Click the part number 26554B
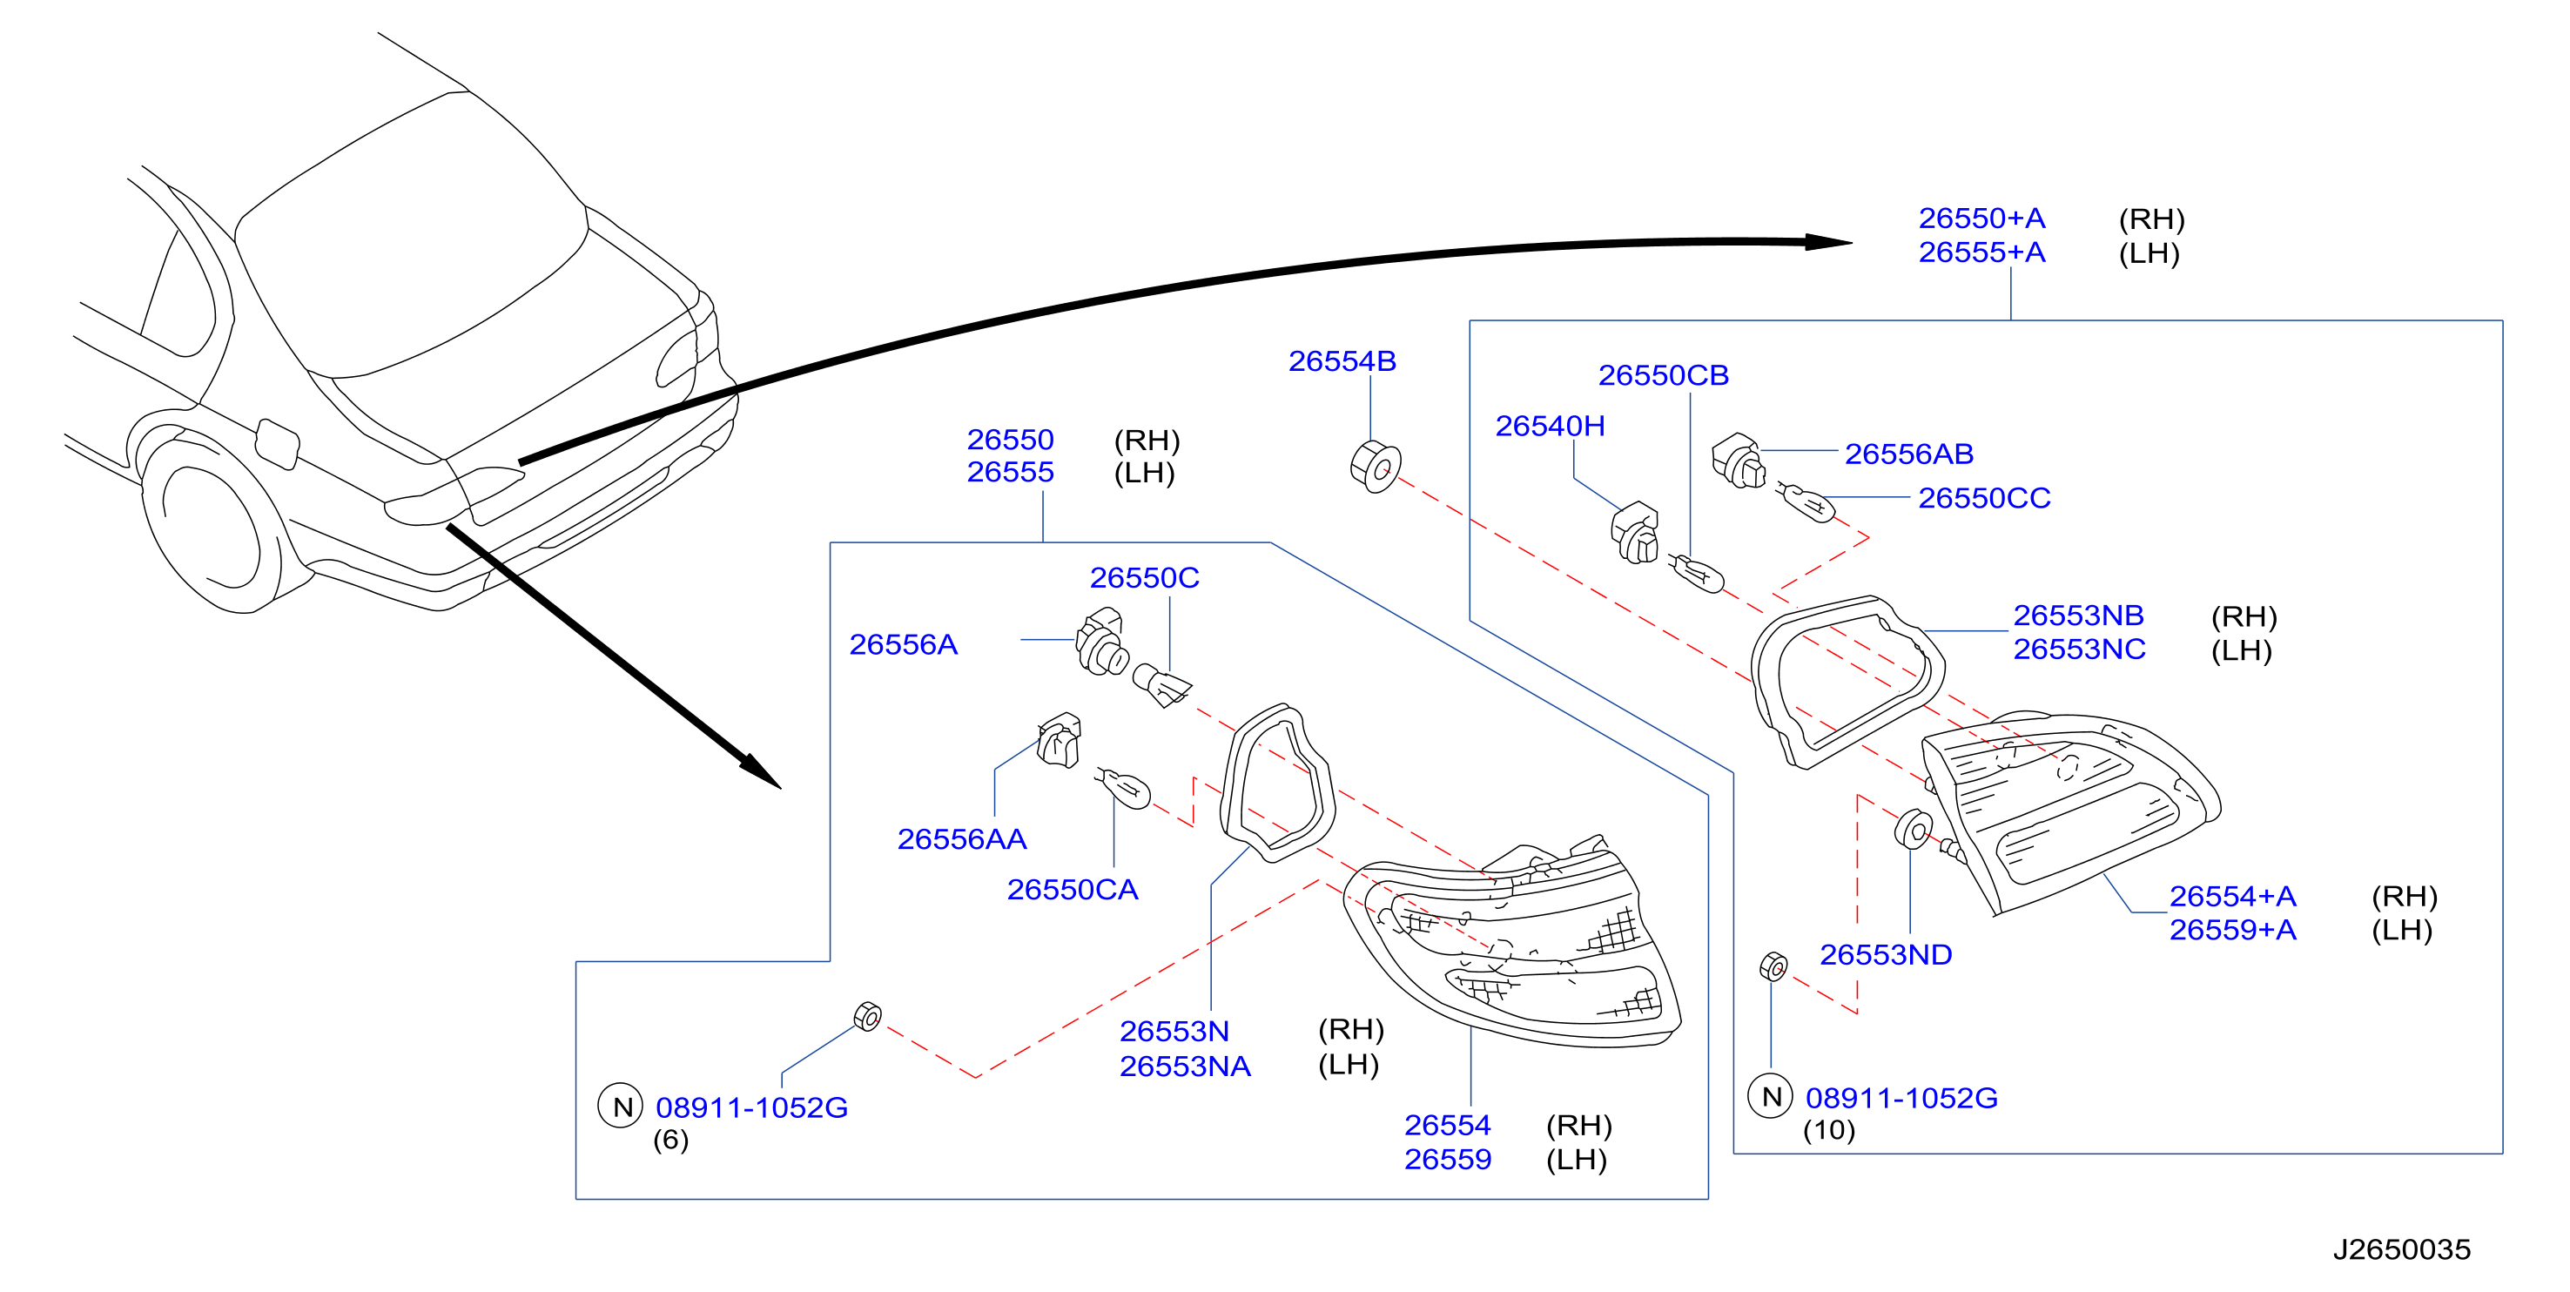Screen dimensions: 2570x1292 (x=1342, y=361)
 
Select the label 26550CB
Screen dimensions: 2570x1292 (x=1663, y=375)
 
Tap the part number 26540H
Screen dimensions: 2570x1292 (x=1550, y=426)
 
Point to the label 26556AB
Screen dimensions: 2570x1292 (x=1908, y=454)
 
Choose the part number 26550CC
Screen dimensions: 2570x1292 (x=1984, y=498)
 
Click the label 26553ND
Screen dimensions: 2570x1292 (x=1886, y=955)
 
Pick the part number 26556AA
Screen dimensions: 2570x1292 (x=962, y=839)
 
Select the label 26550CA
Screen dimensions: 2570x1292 (x=1073, y=889)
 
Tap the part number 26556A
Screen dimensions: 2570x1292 (x=903, y=644)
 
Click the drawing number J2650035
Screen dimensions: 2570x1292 (x=2401, y=1249)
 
